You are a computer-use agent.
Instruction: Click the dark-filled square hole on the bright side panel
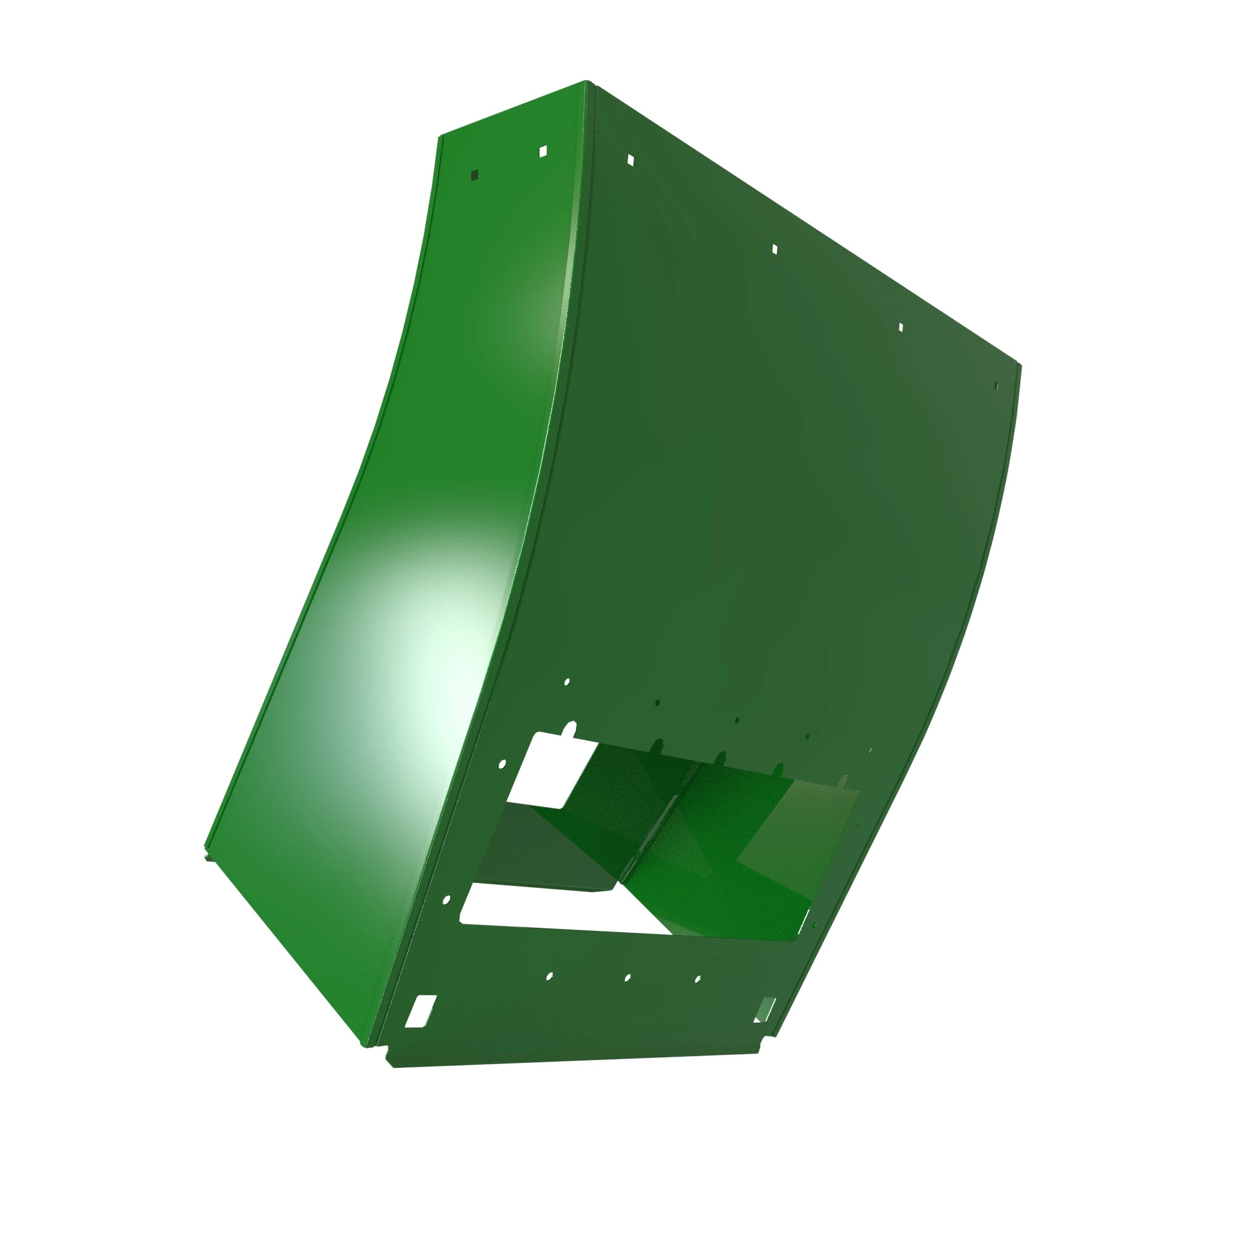474,175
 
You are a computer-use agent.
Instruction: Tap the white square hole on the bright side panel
543,151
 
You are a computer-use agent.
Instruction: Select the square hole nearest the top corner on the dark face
631,160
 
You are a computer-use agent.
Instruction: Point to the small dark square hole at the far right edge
996,385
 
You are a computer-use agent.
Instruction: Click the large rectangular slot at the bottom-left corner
421,1011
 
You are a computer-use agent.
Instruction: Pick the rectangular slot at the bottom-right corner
766,1009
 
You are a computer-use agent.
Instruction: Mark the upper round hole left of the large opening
502,764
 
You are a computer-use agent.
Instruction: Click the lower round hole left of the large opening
446,900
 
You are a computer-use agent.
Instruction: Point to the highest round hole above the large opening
567,682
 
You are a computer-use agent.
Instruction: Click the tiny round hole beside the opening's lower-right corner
814,925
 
